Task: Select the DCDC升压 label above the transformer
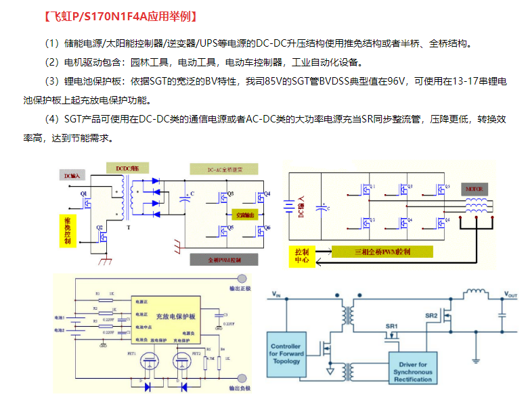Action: (x=127, y=167)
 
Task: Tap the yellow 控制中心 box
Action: (x=303, y=256)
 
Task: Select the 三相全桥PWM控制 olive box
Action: (x=382, y=252)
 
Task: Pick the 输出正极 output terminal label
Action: (x=240, y=288)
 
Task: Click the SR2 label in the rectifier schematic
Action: (x=431, y=315)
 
